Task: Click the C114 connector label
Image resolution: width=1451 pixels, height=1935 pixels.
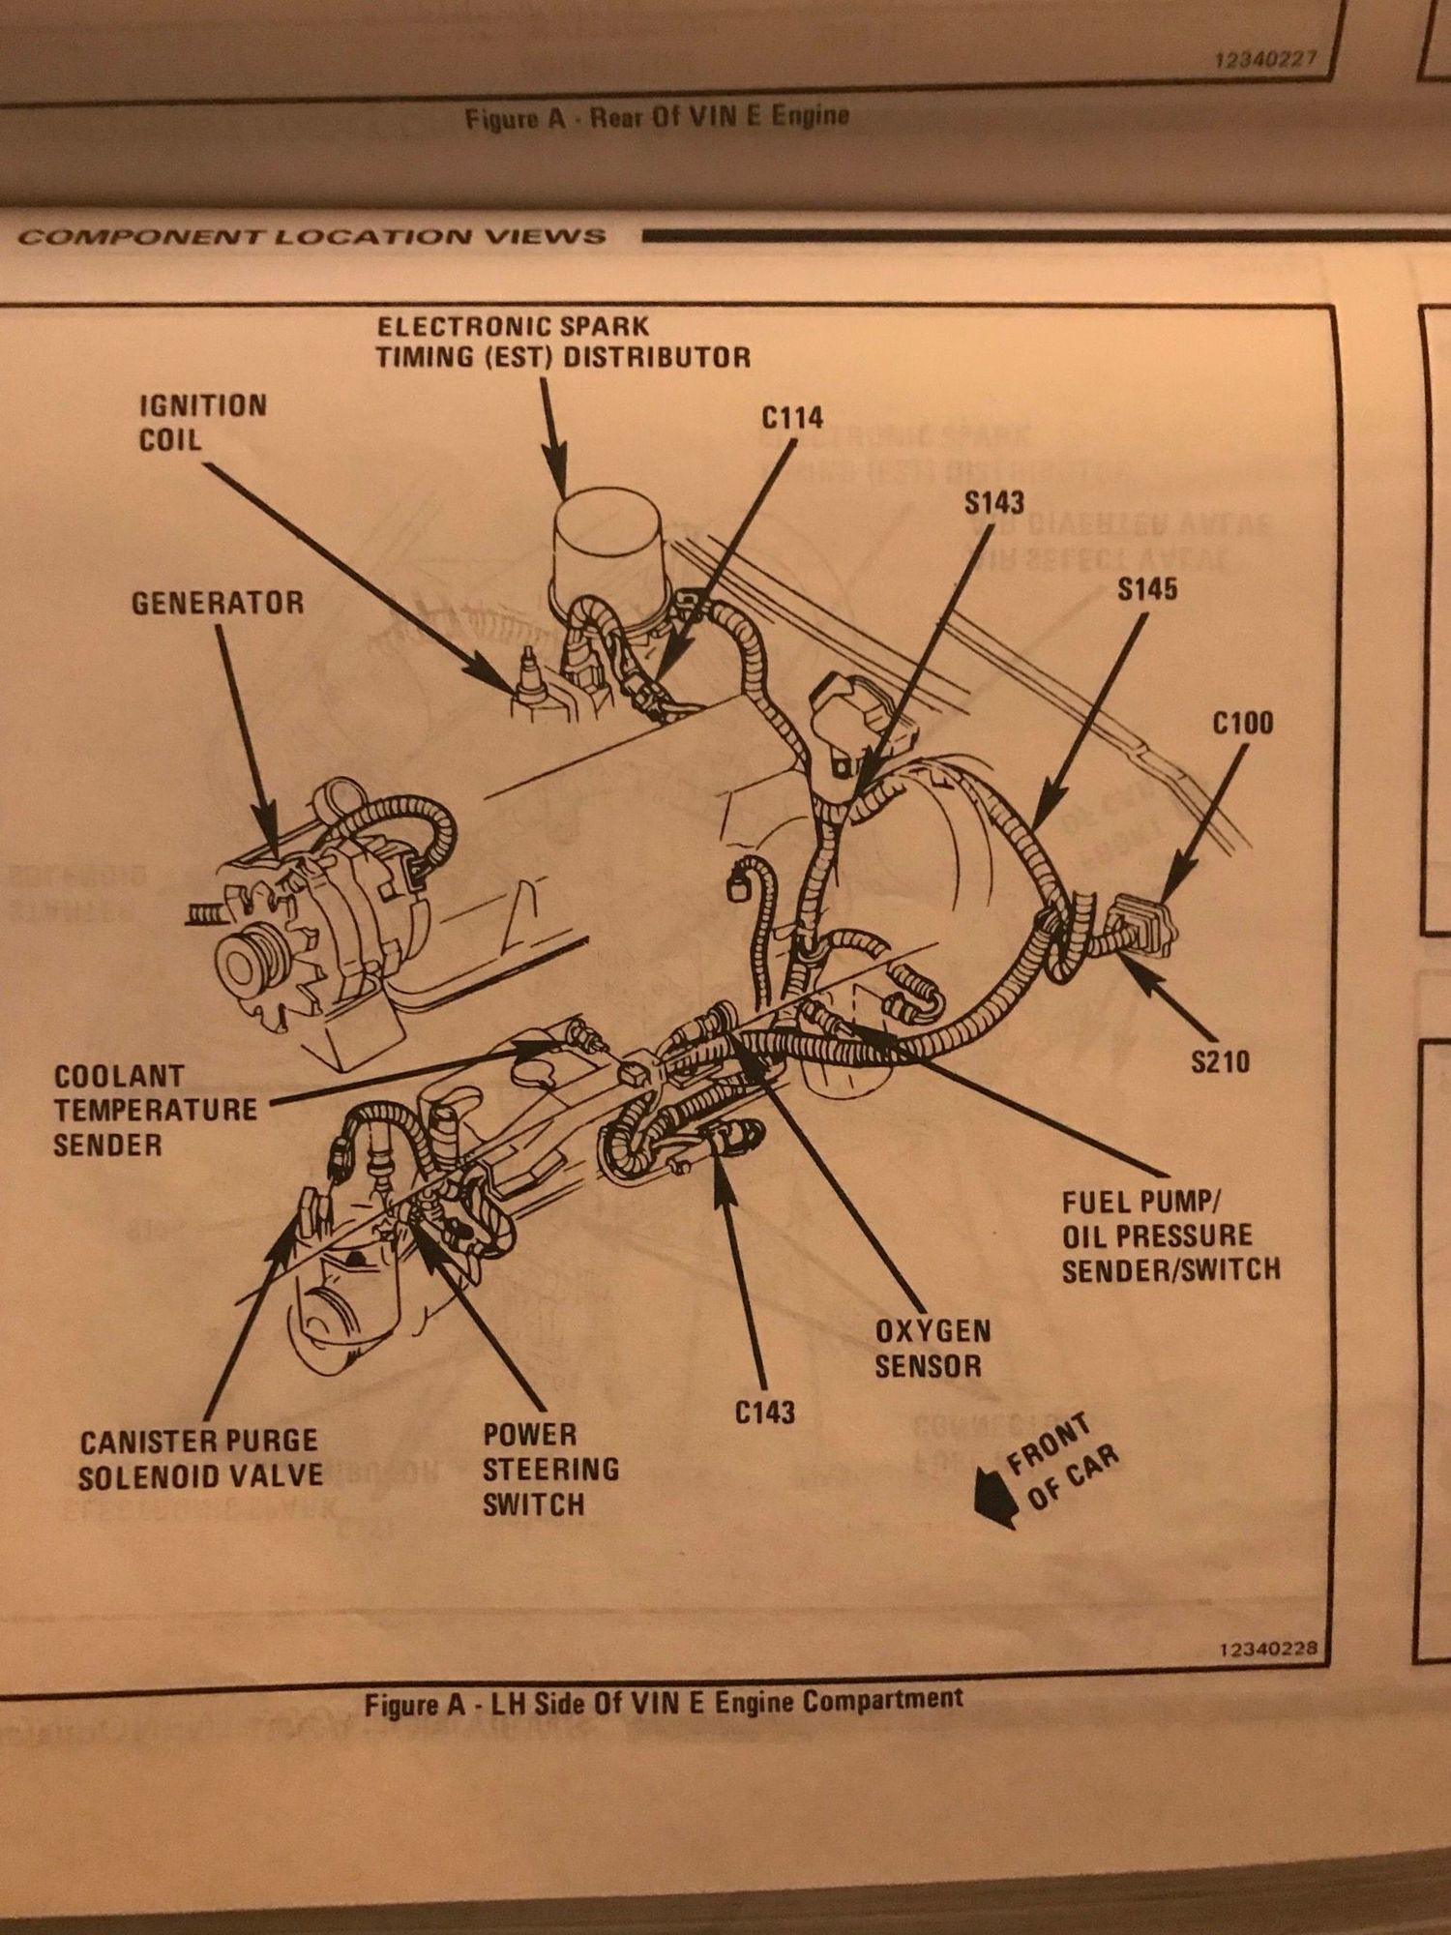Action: click(x=792, y=418)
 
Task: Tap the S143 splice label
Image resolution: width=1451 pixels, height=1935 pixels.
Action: click(x=993, y=502)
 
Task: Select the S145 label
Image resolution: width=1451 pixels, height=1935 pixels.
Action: click(x=1147, y=589)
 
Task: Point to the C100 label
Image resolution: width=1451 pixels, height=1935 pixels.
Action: click(x=1242, y=724)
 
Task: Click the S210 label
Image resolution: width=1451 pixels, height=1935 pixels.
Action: click(x=1220, y=1062)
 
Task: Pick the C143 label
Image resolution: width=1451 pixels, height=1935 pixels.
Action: click(x=764, y=1413)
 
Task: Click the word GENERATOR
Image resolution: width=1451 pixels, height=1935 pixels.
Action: click(x=218, y=604)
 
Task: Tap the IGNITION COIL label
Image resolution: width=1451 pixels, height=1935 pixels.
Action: click(x=202, y=423)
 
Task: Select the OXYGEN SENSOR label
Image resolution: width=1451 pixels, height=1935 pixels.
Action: click(x=933, y=1348)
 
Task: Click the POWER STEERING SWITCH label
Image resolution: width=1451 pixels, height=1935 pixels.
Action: click(x=549, y=1469)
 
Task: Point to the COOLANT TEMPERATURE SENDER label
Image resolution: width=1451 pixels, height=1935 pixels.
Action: click(x=156, y=1111)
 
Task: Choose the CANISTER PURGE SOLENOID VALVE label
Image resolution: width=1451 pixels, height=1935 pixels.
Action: click(x=200, y=1459)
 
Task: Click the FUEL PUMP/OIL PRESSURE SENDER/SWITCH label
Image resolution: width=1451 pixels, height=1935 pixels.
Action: click(x=1170, y=1236)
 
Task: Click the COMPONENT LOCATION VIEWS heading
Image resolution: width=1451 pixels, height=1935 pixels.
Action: click(x=311, y=237)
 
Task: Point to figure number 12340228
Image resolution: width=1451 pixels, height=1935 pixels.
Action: click(x=1269, y=1650)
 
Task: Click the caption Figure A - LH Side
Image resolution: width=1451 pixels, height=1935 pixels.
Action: click(x=664, y=1702)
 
